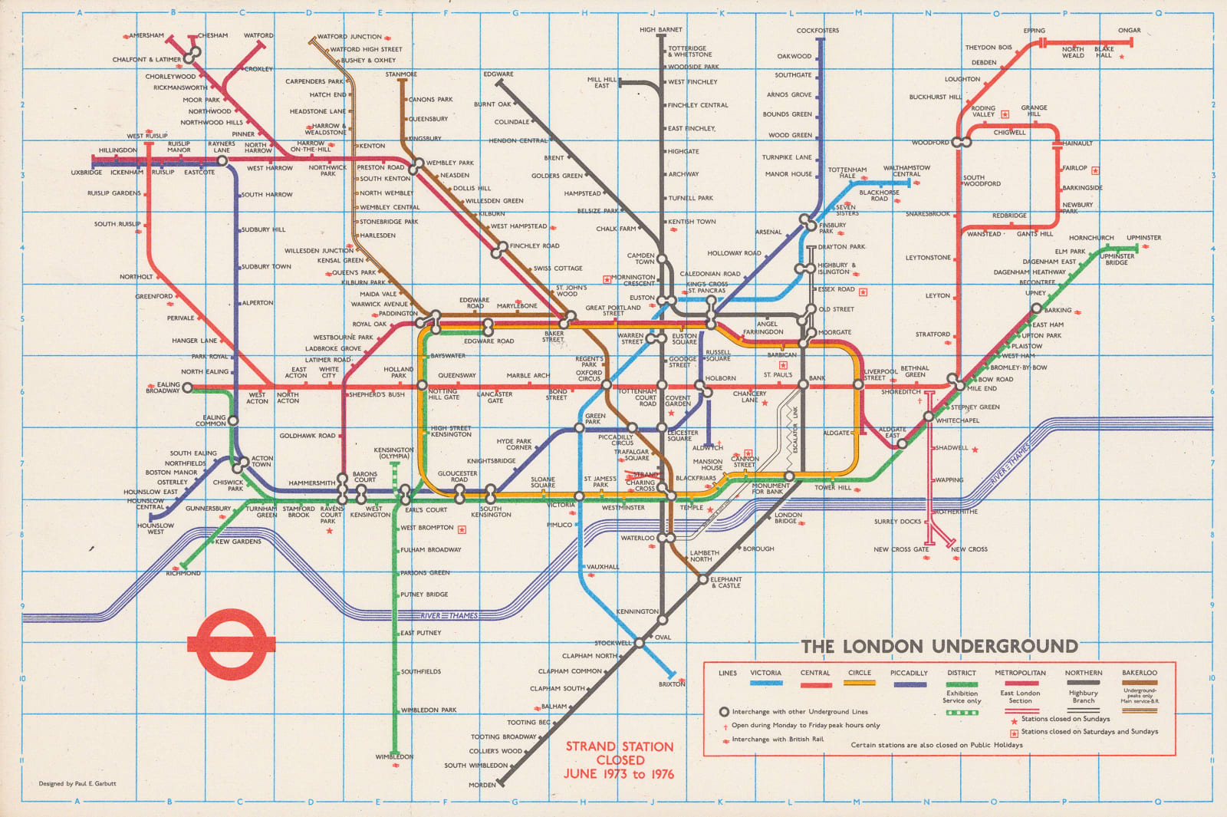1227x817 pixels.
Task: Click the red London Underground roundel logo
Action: [x=232, y=644]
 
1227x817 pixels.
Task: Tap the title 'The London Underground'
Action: [x=939, y=646]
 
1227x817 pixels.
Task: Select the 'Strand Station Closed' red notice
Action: [x=620, y=759]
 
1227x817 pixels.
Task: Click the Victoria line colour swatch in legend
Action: [x=765, y=684]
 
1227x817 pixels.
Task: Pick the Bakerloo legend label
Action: [x=1139, y=673]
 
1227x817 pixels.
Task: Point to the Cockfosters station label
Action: [x=817, y=31]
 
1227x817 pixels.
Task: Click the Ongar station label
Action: [x=1129, y=31]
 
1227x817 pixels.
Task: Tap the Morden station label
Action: [x=482, y=785]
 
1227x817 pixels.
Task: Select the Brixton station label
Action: [x=672, y=684]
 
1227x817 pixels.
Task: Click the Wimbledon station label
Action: [x=394, y=756]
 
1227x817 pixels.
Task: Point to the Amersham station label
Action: [x=146, y=35]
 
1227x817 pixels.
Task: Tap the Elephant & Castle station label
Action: [x=725, y=582]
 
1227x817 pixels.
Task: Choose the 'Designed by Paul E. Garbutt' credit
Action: [x=77, y=784]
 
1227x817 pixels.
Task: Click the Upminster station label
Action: [x=1143, y=238]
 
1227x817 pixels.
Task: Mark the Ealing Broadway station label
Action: [x=163, y=387]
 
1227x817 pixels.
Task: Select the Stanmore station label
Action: [x=401, y=74]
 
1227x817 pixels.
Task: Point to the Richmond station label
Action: [x=183, y=573]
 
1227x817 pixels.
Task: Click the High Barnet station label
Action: [x=660, y=30]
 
